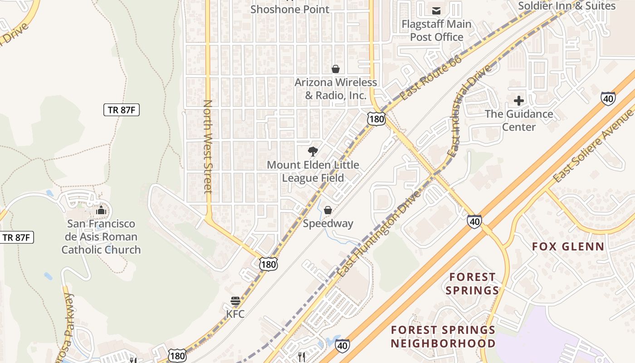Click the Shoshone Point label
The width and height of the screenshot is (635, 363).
[290, 9]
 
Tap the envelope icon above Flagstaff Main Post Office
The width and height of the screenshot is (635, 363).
[436, 10]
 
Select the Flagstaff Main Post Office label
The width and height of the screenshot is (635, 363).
[436, 30]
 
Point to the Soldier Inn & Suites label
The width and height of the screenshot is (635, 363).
[567, 6]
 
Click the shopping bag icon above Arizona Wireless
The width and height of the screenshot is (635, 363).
[336, 69]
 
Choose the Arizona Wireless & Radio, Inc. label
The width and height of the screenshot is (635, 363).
[336, 89]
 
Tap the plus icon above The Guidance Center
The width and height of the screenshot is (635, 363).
[519, 101]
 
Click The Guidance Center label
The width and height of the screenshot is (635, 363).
[519, 120]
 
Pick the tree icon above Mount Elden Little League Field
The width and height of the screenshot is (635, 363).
[313, 152]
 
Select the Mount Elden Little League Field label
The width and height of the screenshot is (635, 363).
[313, 172]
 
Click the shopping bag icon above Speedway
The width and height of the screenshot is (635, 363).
[328, 210]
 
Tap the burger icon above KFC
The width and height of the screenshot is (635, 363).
[235, 301]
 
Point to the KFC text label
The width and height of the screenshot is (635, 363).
[235, 314]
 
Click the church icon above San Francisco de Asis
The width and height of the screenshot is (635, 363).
[101, 210]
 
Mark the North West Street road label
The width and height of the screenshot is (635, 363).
[208, 147]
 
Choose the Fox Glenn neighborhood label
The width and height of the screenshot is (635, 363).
[568, 247]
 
